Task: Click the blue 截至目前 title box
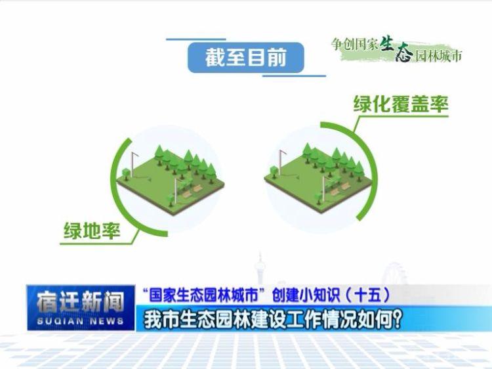pyautogui.click(x=246, y=58)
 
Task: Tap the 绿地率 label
pyautogui.click(x=92, y=231)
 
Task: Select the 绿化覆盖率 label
pyautogui.click(x=401, y=104)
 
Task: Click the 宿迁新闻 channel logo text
pyautogui.click(x=80, y=303)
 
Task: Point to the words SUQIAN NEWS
pyautogui.click(x=80, y=321)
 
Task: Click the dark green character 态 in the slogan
pyautogui.click(x=405, y=53)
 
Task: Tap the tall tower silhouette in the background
pyautogui.click(x=260, y=269)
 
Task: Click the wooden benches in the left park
pyautogui.click(x=192, y=191)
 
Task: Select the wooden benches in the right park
pyautogui.click(x=340, y=188)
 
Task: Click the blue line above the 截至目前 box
pyautogui.click(x=196, y=39)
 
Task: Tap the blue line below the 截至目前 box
pyautogui.click(x=294, y=76)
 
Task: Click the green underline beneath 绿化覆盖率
pyautogui.click(x=401, y=116)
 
